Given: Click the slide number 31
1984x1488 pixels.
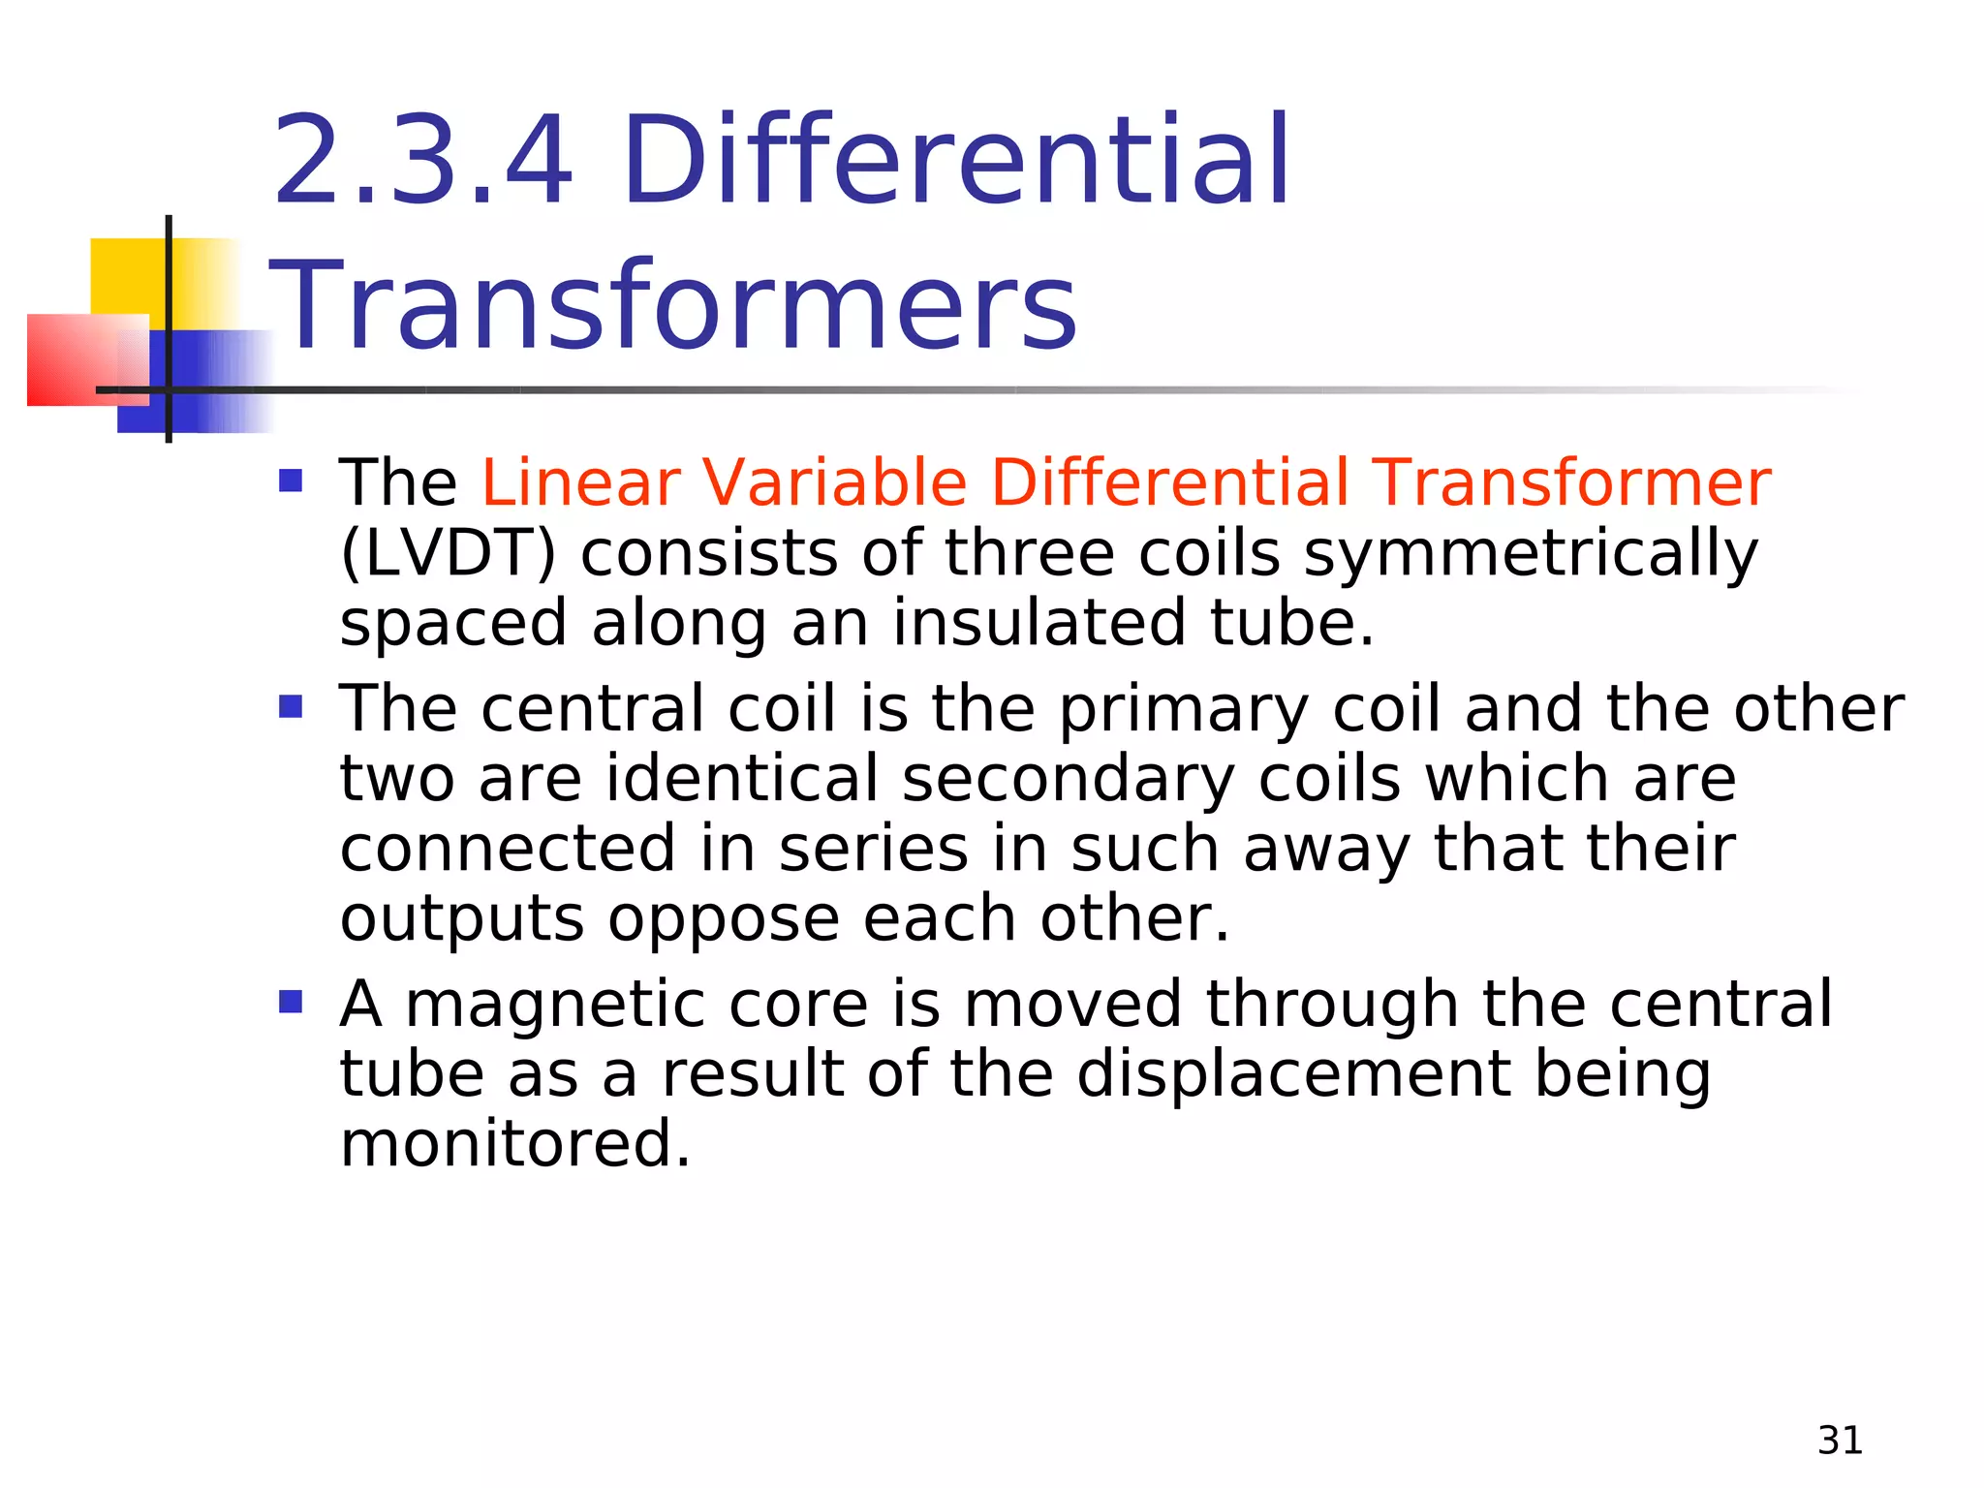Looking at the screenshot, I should pos(1840,1441).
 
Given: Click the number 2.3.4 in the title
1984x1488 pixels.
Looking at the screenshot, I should pos(423,160).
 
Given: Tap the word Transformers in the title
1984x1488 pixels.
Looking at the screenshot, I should pos(673,305).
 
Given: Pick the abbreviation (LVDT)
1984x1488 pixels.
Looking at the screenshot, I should pos(449,553).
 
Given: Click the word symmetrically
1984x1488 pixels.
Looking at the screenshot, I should pos(1531,555).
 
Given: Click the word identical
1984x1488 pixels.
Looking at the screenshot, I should pos(741,779).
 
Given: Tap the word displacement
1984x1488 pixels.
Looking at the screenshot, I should pos(1294,1075).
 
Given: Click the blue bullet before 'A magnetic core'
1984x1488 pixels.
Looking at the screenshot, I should pos(291,1001).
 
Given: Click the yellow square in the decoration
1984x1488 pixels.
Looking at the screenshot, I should pos(126,273).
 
